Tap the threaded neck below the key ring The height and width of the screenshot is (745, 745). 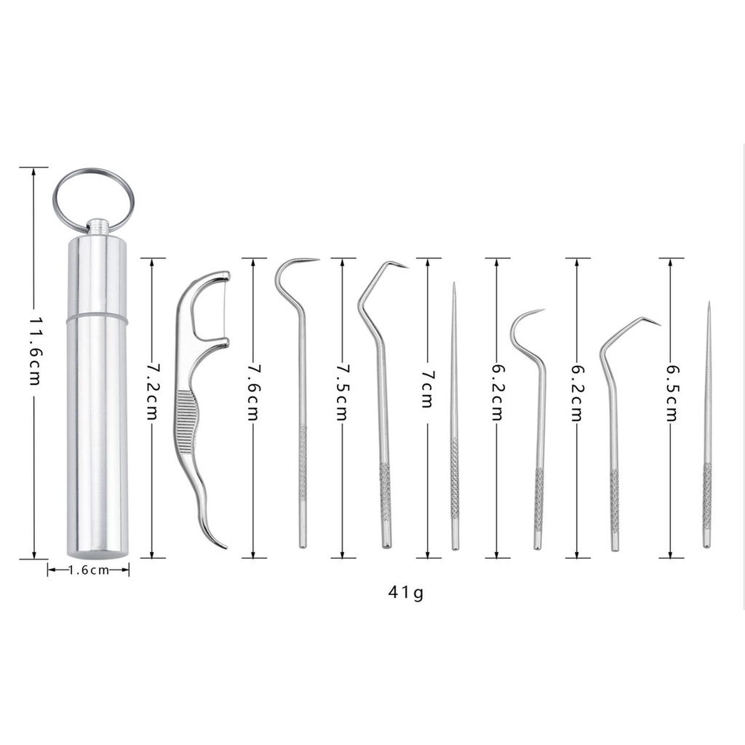tap(97, 227)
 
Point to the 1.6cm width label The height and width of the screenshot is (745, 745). tap(88, 570)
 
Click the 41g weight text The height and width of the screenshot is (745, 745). tap(405, 593)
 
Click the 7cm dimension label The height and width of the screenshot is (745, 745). tap(428, 389)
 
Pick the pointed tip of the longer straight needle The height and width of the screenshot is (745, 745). tap(453, 285)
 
